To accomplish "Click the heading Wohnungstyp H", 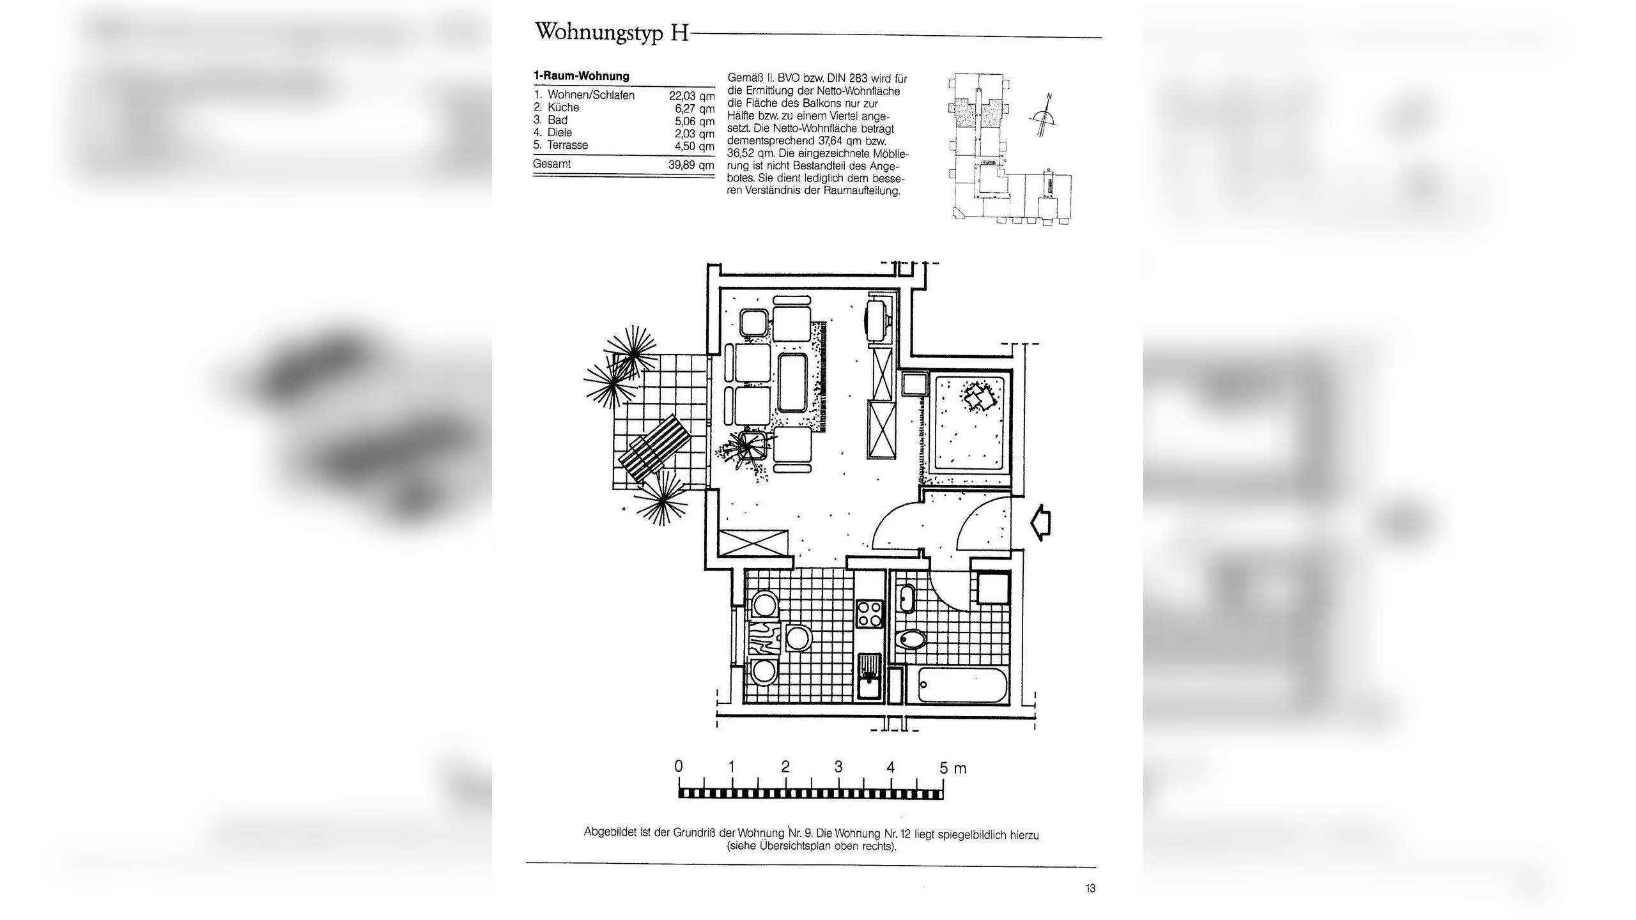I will point(612,32).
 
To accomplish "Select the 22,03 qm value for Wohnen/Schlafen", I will point(691,96).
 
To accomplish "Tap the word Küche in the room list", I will point(563,107).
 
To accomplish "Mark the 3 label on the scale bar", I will point(838,767).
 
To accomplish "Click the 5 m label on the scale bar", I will point(952,768).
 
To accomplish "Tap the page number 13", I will point(1090,888).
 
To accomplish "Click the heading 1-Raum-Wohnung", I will point(582,76).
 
